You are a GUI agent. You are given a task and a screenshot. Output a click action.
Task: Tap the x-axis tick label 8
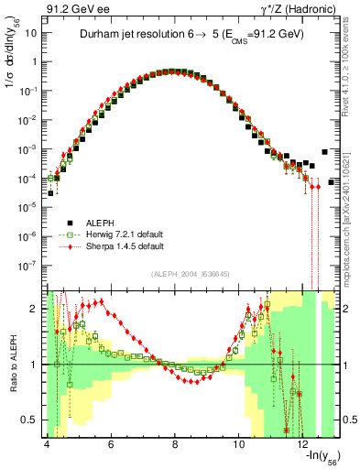click(x=175, y=442)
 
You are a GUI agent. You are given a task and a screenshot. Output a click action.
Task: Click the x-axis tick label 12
click(x=304, y=442)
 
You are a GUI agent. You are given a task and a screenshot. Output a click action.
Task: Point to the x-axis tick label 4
click(x=46, y=442)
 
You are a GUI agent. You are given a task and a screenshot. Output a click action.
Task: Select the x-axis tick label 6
click(x=111, y=442)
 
